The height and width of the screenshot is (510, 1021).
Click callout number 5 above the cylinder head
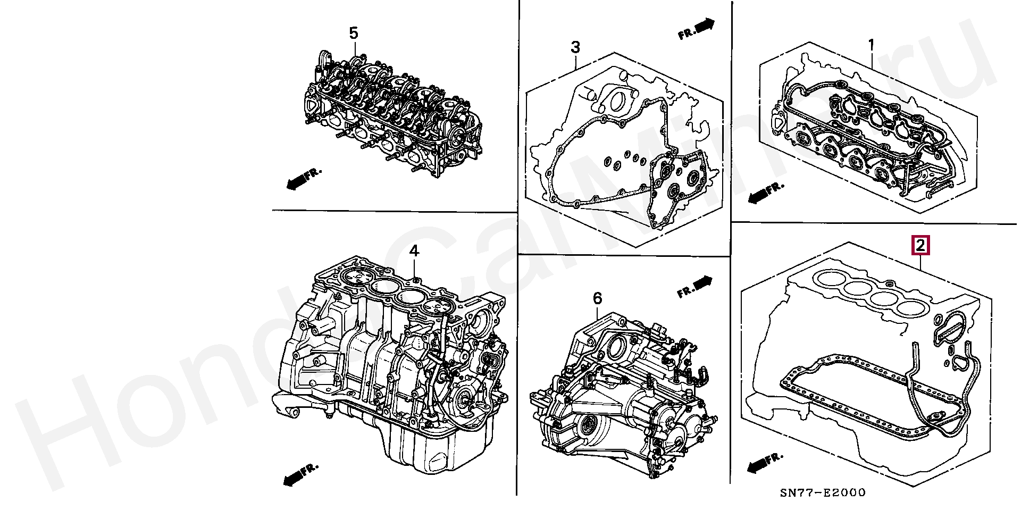pyautogui.click(x=354, y=34)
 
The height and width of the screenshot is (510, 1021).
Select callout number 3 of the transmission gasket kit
pyautogui.click(x=575, y=47)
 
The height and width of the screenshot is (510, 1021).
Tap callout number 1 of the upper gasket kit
pyautogui.click(x=871, y=46)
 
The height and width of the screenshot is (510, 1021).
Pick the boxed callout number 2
pyautogui.click(x=920, y=245)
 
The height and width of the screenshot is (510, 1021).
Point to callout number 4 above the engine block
pyautogui.click(x=414, y=250)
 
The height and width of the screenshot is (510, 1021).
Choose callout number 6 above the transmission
pyautogui.click(x=597, y=298)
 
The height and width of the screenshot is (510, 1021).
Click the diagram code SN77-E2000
pyautogui.click(x=823, y=493)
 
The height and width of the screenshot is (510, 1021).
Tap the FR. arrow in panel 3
pyautogui.click(x=697, y=29)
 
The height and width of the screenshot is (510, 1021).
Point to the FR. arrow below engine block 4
pyautogui.click(x=301, y=474)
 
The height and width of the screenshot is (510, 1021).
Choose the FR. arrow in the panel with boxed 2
pyautogui.click(x=765, y=462)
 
